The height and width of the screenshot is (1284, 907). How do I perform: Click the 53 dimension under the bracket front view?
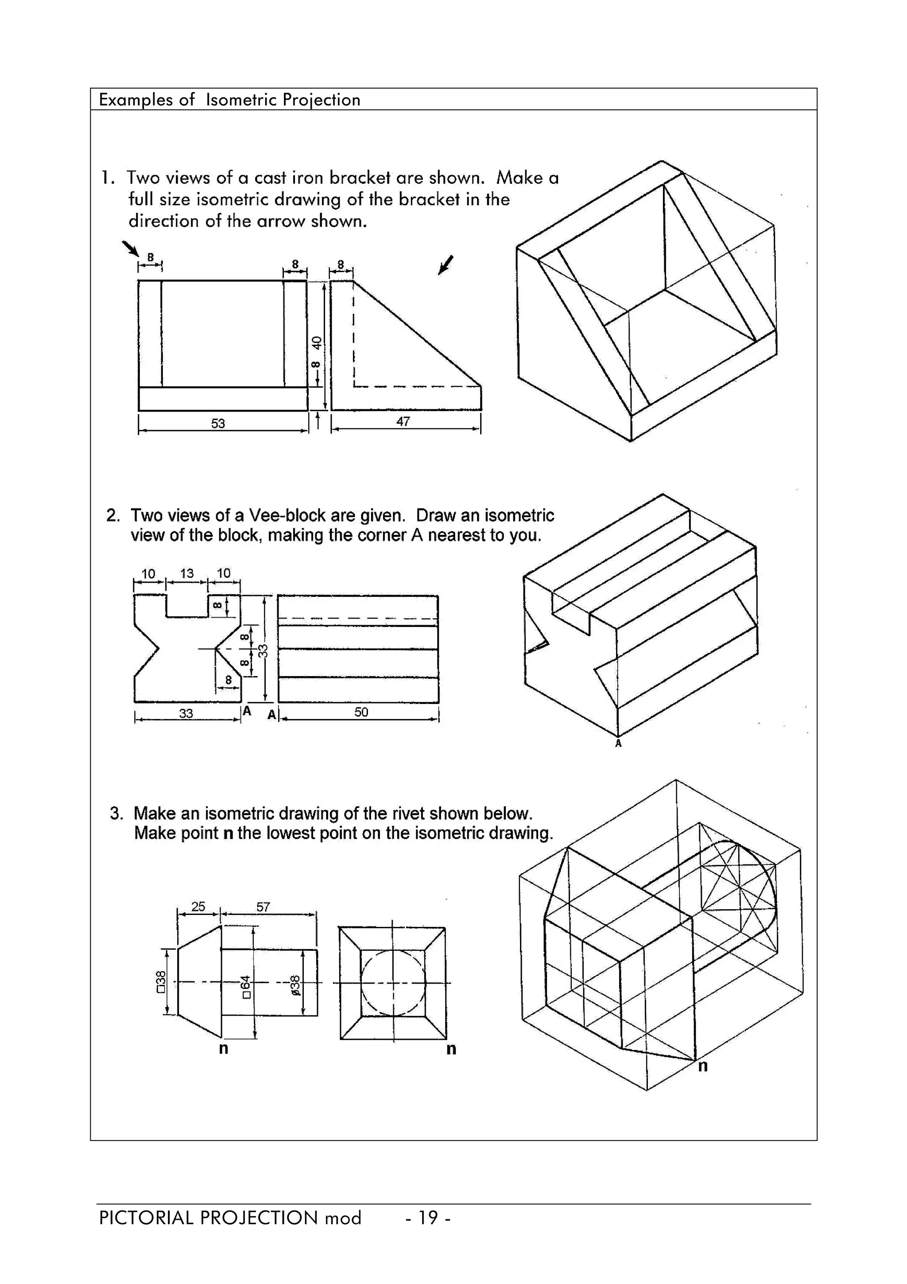coord(218,423)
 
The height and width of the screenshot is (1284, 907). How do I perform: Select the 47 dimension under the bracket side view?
coord(403,422)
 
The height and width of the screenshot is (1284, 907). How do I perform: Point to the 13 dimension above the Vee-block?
coord(186,573)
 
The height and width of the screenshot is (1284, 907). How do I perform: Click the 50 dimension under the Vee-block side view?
coord(361,712)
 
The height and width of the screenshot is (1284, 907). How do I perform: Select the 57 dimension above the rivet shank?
coord(263,907)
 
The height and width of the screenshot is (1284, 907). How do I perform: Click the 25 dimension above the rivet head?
coord(198,906)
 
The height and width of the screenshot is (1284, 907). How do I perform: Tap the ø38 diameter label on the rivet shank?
coord(296,985)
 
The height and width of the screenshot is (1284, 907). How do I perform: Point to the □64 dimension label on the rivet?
coord(245,987)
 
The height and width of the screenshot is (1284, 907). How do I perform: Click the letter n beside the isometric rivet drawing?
coord(703,1066)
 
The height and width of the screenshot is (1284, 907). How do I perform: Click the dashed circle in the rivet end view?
coord(393,983)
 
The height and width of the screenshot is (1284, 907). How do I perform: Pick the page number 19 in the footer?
coord(428,1218)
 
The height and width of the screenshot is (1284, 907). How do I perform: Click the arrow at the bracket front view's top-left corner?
coord(130,248)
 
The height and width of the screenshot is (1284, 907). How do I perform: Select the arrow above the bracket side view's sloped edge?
coord(446,265)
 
